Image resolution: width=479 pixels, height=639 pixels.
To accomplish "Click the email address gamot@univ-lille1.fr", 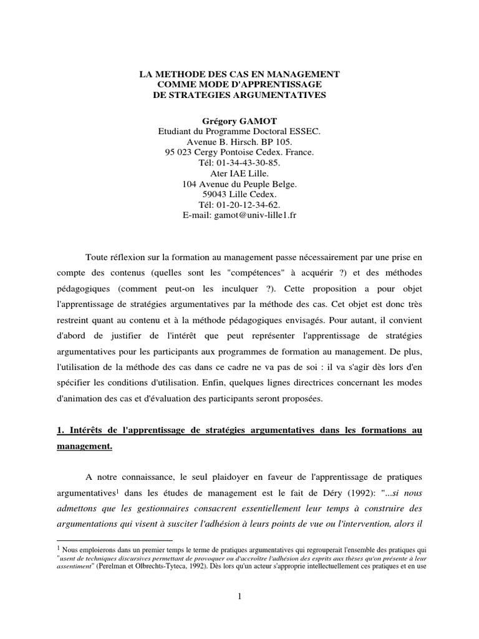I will tap(257, 215).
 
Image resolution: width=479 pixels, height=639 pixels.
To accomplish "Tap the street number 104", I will tap(190, 183).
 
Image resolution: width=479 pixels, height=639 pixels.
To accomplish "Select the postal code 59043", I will tap(213, 194).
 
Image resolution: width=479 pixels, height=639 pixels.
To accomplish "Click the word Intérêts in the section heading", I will tap(88, 431).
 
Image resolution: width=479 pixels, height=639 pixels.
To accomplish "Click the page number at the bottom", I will tap(239, 597).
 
